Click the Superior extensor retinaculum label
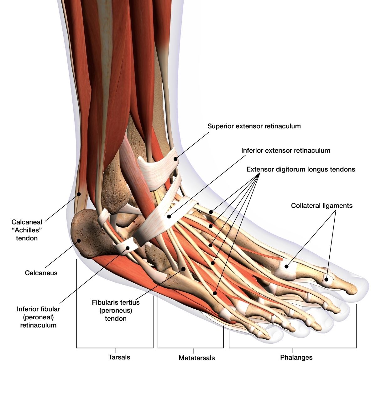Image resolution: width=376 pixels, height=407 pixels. pos(254,126)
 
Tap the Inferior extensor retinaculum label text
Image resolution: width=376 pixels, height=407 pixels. pos(285,151)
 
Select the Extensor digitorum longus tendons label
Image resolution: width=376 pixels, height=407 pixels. pos(300,169)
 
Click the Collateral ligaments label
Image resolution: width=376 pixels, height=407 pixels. pos(321,206)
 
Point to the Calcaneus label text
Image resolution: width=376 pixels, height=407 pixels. pos(41,273)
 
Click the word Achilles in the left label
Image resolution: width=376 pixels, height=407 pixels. pos(27,230)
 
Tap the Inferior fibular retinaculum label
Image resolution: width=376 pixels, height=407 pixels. pos(38,317)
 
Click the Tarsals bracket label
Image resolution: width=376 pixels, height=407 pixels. pos(119,357)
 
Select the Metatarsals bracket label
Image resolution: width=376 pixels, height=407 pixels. pos(196,358)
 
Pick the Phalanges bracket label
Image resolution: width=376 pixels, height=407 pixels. pos(296,357)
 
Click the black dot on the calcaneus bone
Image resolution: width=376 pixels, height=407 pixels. pos(79,241)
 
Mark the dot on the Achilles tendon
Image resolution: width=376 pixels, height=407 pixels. pos(79,194)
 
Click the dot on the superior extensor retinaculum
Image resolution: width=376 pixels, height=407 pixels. pos(176,159)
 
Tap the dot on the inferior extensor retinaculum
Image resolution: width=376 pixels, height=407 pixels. pos(169,216)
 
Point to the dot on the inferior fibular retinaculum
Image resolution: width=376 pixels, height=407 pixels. pos(128,248)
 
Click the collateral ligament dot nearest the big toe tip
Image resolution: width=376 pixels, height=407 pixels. pos(326,279)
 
